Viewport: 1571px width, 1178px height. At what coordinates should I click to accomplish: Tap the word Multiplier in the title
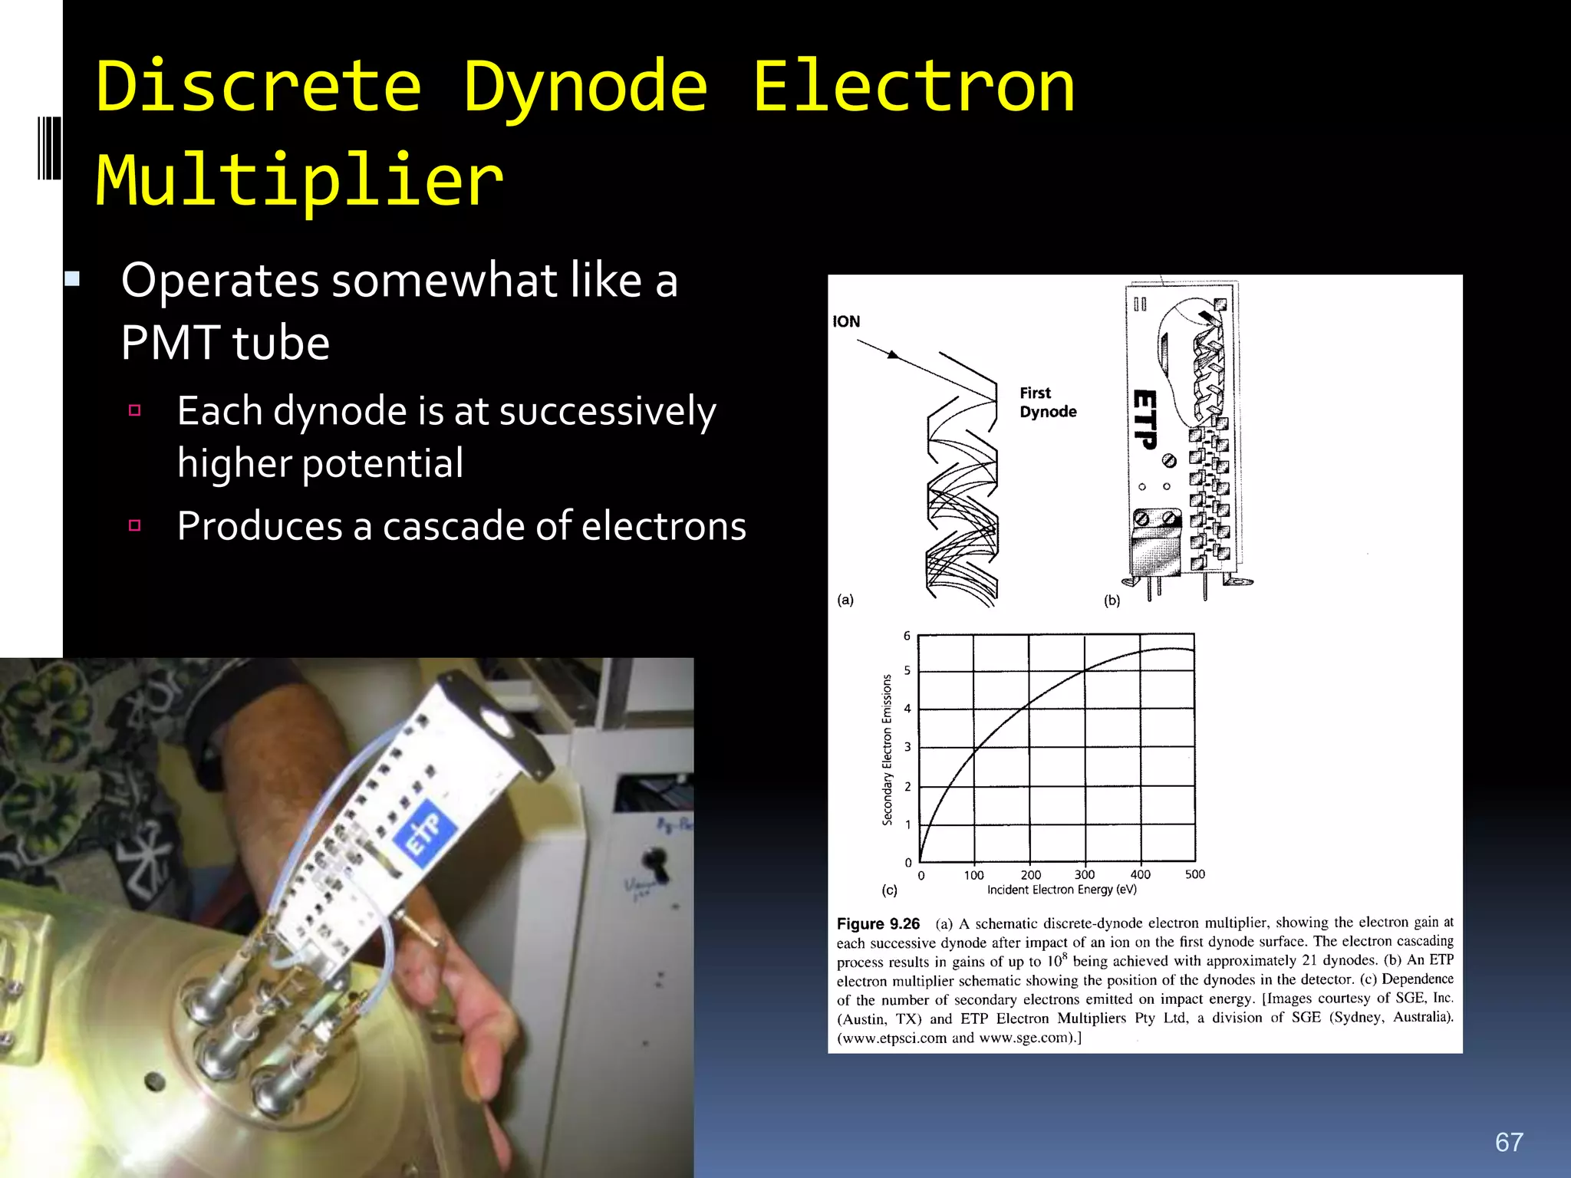coord(299,180)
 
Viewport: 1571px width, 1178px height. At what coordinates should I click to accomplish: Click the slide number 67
coord(1509,1142)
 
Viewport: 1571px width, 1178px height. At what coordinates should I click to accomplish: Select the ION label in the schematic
coord(846,321)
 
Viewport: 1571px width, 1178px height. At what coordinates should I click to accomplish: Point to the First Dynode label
coord(1047,402)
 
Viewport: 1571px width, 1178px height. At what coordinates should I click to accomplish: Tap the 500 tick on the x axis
coord(1194,874)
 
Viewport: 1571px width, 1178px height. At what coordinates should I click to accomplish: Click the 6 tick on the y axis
coord(907,636)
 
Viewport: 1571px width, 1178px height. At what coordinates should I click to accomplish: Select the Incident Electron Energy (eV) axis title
coord(1062,890)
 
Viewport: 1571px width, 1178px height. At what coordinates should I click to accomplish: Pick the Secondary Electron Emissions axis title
coord(888,749)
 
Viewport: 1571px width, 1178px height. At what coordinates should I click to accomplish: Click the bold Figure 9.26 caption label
coord(878,924)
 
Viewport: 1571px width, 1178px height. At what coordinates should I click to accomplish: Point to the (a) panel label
coord(845,600)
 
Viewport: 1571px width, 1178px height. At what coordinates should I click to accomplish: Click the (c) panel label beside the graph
coord(889,890)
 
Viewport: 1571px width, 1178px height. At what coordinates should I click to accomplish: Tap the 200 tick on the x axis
coord(1030,875)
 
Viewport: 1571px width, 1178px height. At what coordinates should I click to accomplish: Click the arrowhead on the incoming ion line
coord(892,354)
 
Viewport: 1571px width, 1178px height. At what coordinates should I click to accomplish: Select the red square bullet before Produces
coord(135,525)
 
